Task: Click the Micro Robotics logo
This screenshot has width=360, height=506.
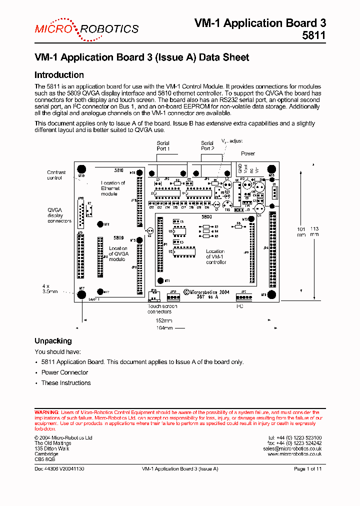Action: [x=86, y=28]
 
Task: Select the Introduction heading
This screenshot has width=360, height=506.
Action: [x=59, y=75]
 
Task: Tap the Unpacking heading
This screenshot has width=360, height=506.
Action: [x=53, y=341]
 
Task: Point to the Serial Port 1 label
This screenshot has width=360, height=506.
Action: [x=163, y=146]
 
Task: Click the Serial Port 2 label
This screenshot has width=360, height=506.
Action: [x=207, y=146]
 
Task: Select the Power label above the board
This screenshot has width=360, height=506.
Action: [x=248, y=153]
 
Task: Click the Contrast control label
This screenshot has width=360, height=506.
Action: [x=56, y=175]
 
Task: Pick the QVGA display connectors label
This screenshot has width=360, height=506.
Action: [x=59, y=215]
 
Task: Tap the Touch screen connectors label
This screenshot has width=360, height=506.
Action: [x=162, y=309]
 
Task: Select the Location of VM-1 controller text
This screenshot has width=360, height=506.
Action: [x=215, y=257]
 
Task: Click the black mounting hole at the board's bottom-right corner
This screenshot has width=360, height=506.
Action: [x=272, y=294]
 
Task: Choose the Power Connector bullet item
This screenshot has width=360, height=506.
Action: [x=64, y=372]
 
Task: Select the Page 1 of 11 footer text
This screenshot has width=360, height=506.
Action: [x=307, y=469]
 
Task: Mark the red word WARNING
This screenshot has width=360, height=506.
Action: [x=46, y=412]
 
